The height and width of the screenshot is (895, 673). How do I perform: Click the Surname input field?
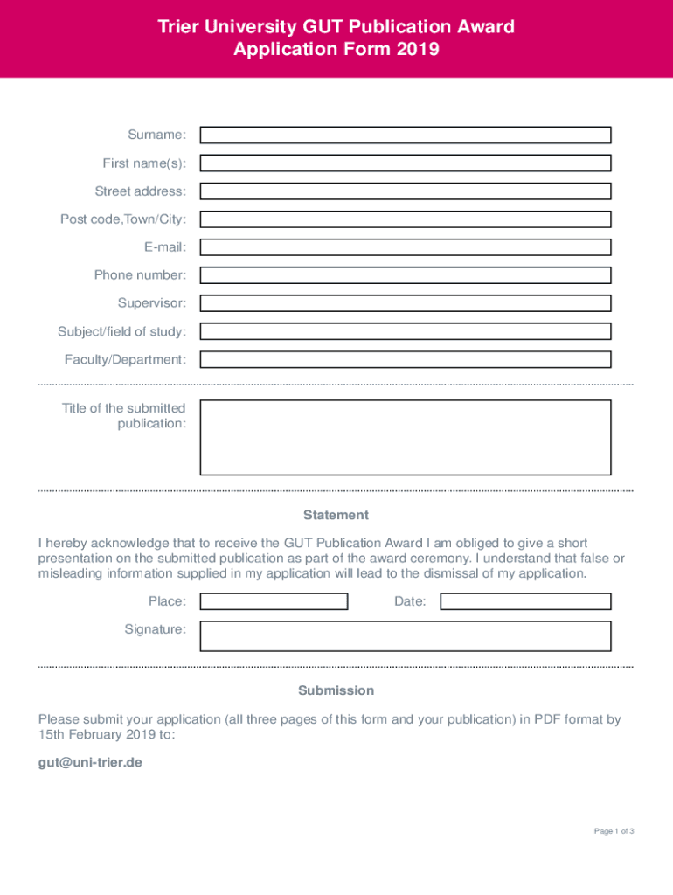click(x=406, y=135)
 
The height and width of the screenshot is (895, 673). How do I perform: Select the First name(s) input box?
click(x=406, y=163)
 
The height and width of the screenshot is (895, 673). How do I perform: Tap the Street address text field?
click(x=406, y=191)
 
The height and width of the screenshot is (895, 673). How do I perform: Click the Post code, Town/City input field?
click(x=406, y=219)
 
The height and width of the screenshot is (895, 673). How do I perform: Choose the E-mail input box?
click(x=406, y=247)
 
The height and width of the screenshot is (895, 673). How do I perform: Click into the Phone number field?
click(x=406, y=275)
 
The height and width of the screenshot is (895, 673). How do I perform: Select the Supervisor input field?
click(x=406, y=303)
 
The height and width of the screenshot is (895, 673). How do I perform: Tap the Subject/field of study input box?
click(x=406, y=331)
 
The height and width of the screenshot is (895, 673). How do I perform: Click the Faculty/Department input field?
click(x=406, y=359)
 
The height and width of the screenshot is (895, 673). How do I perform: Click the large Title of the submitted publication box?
click(x=406, y=437)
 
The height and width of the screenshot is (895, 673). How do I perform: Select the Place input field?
click(x=274, y=601)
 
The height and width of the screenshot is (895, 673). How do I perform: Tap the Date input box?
click(x=525, y=601)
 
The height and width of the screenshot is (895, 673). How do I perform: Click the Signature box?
click(x=406, y=635)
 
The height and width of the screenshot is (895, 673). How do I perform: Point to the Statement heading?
click(x=336, y=515)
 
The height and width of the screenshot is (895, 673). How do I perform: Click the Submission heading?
click(x=336, y=690)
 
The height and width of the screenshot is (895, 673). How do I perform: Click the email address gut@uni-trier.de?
click(x=90, y=762)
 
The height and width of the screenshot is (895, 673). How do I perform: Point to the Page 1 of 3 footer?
click(x=614, y=831)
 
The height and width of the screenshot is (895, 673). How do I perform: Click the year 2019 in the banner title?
click(x=417, y=50)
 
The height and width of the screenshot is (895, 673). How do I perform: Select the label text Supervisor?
click(x=152, y=303)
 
